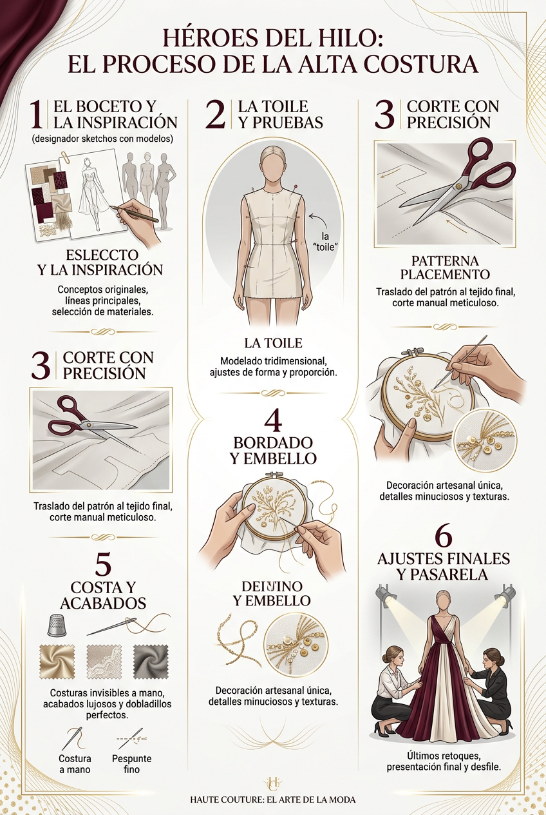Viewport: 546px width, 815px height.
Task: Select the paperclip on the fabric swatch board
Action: click(66, 156)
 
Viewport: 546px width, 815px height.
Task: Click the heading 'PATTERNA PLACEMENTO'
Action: click(445, 268)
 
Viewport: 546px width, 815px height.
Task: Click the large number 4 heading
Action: click(272, 423)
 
